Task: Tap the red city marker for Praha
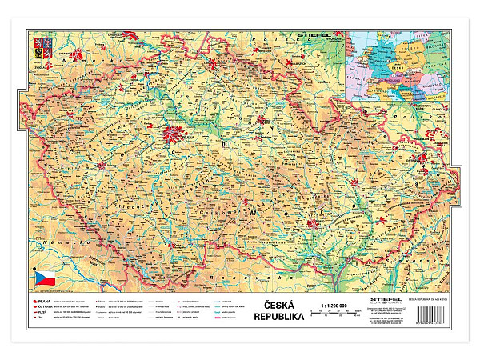click(173, 136)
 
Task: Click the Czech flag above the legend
click(44, 278)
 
